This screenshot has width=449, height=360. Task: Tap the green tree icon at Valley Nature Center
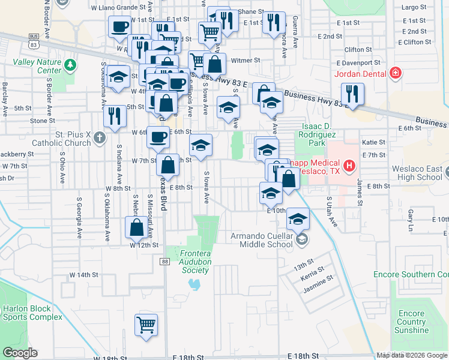pyautogui.click(x=71, y=64)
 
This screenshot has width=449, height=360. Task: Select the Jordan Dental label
pyautogui.click(x=361, y=74)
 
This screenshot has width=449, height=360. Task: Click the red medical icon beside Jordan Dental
pyautogui.click(x=396, y=74)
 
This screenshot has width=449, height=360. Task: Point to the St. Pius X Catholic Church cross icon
pyautogui.click(x=100, y=139)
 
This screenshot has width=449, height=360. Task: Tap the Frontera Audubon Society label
pyautogui.click(x=195, y=262)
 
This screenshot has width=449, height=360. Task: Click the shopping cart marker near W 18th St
pyautogui.click(x=146, y=325)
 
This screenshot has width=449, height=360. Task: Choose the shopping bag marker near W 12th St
pyautogui.click(x=136, y=227)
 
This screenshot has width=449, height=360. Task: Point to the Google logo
pyautogui.click(x=20, y=353)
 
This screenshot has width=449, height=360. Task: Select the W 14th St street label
pyautogui.click(x=83, y=274)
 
